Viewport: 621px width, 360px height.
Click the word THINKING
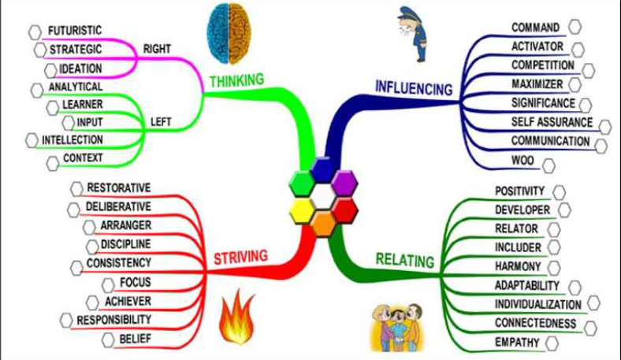[236, 80]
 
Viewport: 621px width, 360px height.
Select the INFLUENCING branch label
[414, 87]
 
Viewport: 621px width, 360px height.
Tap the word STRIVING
[240, 256]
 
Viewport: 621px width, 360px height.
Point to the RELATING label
[405, 259]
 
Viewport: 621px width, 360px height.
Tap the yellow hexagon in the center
[302, 210]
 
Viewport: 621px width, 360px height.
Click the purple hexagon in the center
[344, 182]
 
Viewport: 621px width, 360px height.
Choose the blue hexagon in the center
[322, 169]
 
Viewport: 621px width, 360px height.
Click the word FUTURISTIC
[75, 31]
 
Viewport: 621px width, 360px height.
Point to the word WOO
[522, 161]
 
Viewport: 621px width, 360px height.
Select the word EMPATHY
[517, 343]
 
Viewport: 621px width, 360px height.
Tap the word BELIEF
[135, 339]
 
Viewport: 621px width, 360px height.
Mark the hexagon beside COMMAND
[575, 27]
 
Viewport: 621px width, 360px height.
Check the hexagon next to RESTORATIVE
[76, 187]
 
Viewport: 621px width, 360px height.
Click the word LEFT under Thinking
[160, 122]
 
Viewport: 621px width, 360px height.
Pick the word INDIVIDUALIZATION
[538, 304]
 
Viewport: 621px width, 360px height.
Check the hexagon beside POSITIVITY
[560, 191]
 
